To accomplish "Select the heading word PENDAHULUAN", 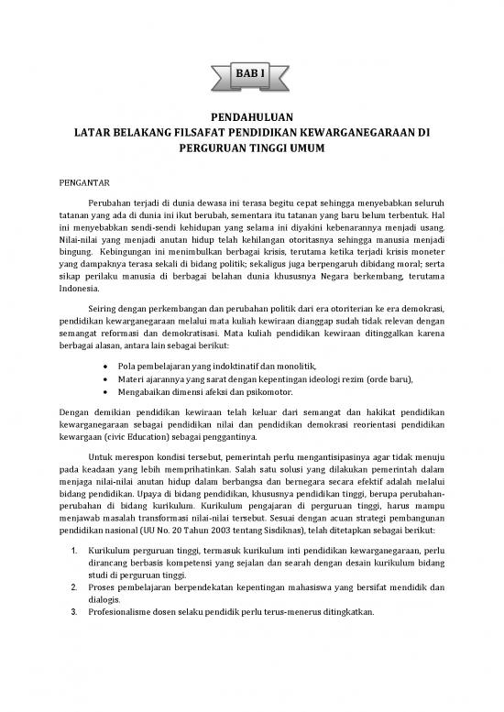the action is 252,118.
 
